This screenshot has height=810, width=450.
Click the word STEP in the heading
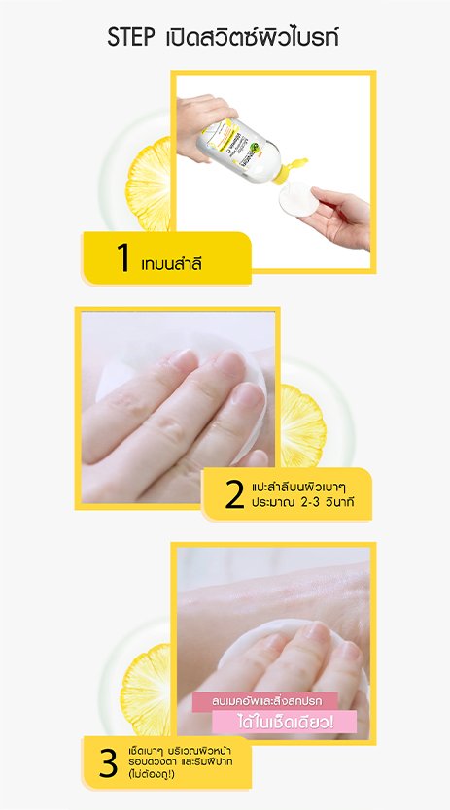click(132, 39)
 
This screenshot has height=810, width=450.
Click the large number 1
click(122, 257)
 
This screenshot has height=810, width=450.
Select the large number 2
click(233, 494)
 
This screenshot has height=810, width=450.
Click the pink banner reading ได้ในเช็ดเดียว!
click(286, 721)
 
